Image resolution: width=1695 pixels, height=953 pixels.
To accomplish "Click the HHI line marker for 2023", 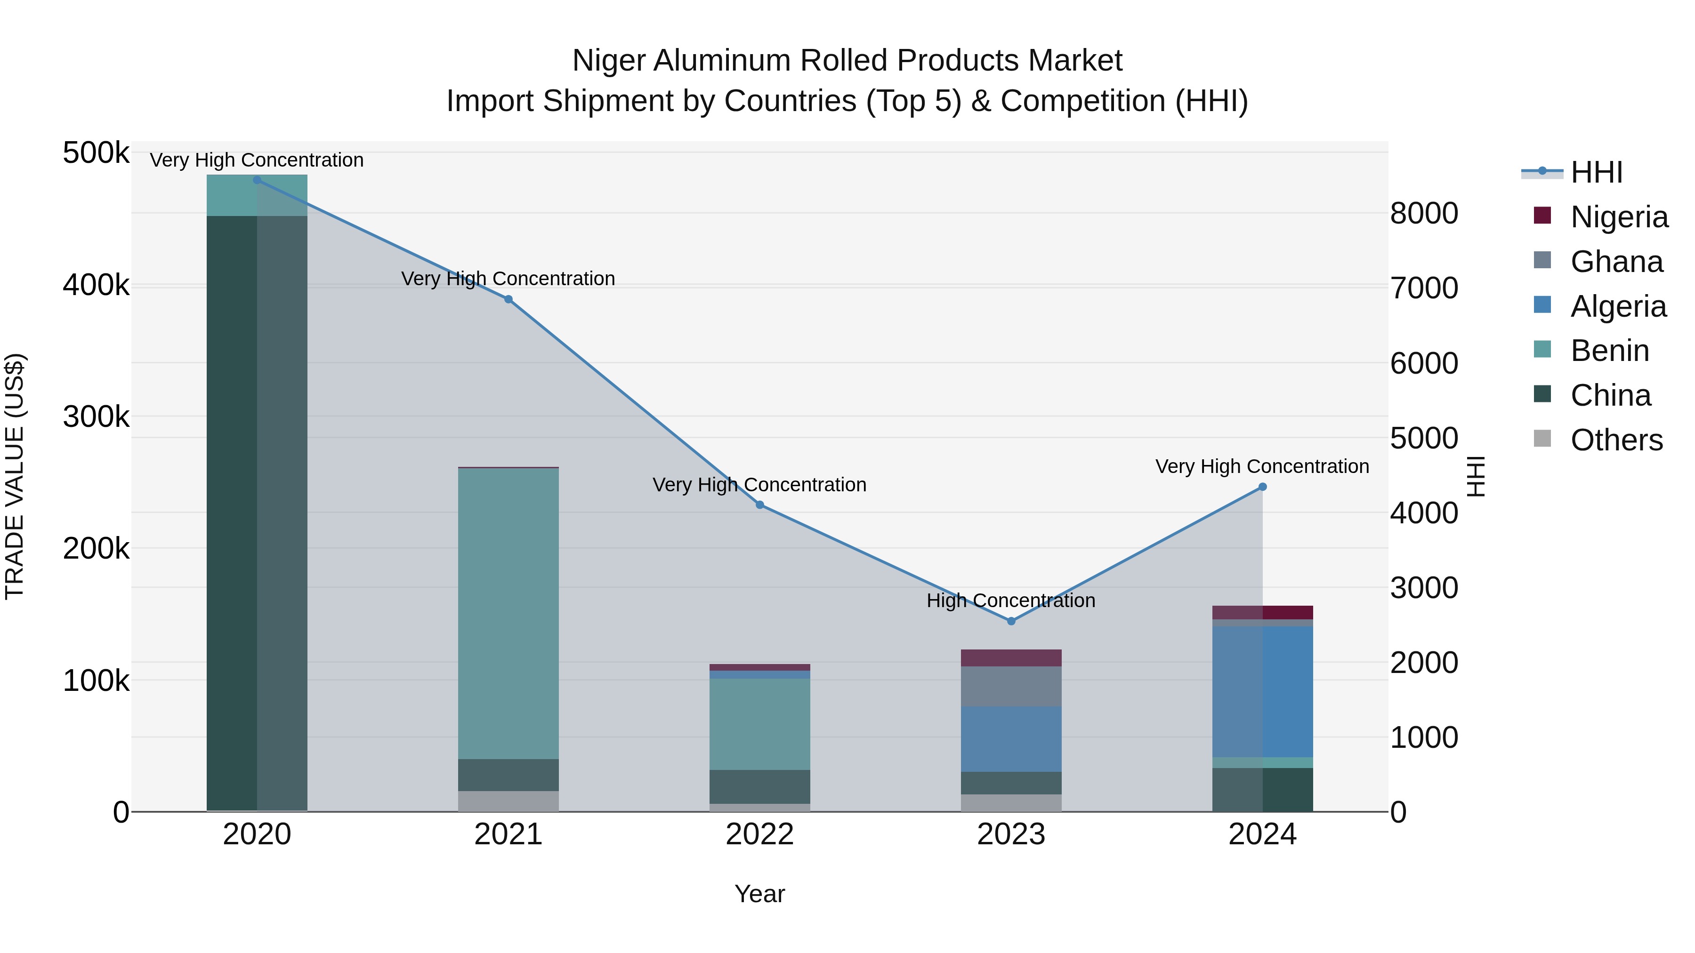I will pyautogui.click(x=1011, y=621).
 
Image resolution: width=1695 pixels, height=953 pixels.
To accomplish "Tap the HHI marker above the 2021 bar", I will pyautogui.click(x=508, y=299).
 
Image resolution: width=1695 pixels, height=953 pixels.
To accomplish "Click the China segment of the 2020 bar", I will pyautogui.click(x=257, y=513).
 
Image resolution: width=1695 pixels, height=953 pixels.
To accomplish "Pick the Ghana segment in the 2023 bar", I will pyautogui.click(x=1011, y=686).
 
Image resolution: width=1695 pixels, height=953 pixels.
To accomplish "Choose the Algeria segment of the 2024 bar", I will pyautogui.click(x=1262, y=691).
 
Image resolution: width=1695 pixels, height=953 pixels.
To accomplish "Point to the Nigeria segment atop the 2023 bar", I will pyautogui.click(x=1011, y=658).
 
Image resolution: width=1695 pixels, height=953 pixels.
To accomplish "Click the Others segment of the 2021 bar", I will pyautogui.click(x=508, y=801).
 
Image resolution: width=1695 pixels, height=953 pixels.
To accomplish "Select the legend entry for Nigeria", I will pyautogui.click(x=1619, y=216).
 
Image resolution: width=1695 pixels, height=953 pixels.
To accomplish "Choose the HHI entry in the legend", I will pyautogui.click(x=1596, y=172).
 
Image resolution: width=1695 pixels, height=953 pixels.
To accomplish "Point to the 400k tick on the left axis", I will pyautogui.click(x=96, y=286).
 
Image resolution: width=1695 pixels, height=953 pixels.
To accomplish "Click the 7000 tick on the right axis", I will pyautogui.click(x=1424, y=288).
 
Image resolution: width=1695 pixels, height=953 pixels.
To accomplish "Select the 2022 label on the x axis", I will pyautogui.click(x=759, y=834).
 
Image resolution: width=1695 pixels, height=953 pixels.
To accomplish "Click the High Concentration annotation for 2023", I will pyautogui.click(x=1011, y=601).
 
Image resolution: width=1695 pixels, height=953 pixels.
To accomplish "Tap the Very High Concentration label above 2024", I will pyautogui.click(x=1262, y=466).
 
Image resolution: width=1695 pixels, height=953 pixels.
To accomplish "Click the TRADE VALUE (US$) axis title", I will pyautogui.click(x=15, y=476).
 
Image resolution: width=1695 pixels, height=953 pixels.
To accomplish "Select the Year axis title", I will pyautogui.click(x=759, y=894).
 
